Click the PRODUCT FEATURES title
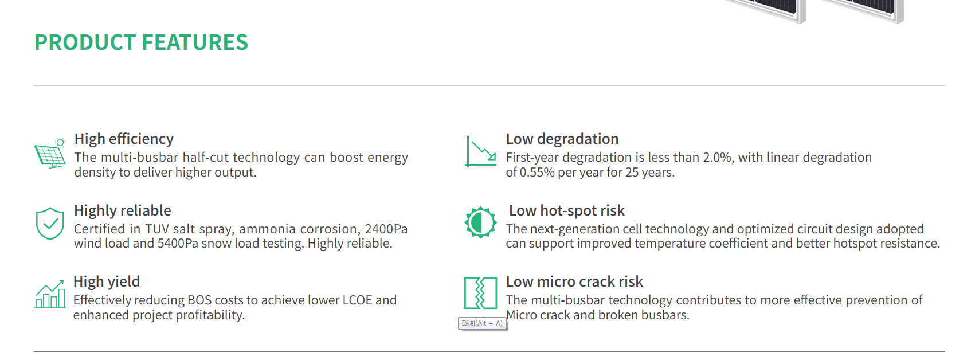click(141, 42)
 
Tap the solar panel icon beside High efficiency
click(50, 153)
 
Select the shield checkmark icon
click(50, 223)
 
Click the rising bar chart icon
click(50, 294)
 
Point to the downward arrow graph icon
click(481, 151)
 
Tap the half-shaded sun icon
click(480, 222)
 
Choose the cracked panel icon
click(480, 293)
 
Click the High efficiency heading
click(124, 139)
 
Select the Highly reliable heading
click(123, 210)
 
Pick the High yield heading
click(107, 282)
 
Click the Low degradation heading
click(562, 139)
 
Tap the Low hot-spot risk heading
click(567, 210)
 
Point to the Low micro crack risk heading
click(574, 282)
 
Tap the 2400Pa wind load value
click(386, 229)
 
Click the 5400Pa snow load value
click(178, 244)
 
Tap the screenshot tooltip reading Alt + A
click(482, 323)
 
